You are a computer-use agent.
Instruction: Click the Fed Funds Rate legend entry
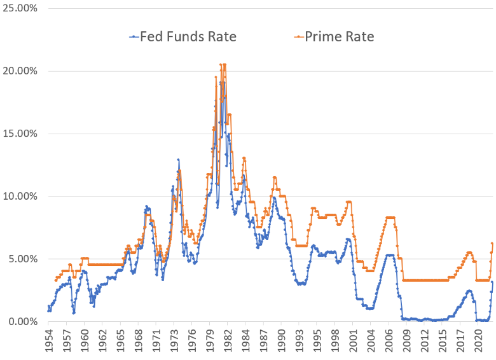coord(182,37)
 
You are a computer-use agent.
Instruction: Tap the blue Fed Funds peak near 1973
coord(178,160)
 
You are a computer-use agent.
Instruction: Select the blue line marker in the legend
coord(134,37)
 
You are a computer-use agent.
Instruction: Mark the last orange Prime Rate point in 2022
coord(492,243)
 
